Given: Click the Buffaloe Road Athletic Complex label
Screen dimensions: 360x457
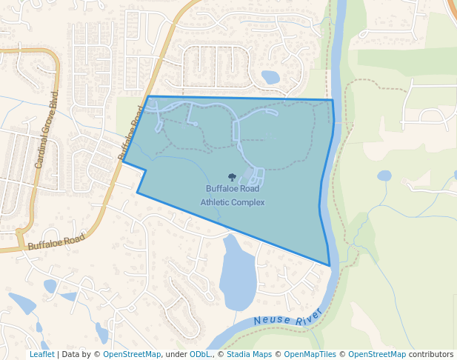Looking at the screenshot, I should (232, 195).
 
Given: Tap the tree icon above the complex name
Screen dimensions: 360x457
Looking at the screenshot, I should (232, 177).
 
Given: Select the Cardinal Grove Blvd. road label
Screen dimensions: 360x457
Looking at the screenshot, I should (47, 130).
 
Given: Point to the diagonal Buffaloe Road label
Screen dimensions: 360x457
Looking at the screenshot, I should (130, 132).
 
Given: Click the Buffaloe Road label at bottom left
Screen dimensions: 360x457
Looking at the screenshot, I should (56, 241).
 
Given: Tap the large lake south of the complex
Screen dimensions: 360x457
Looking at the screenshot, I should (237, 274).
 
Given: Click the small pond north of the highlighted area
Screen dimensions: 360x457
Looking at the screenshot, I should (270, 76).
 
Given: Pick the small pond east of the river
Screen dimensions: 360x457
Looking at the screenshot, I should (384, 176).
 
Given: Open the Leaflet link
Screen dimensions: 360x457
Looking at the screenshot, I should (41, 354).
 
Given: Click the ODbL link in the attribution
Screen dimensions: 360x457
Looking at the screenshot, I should (200, 354).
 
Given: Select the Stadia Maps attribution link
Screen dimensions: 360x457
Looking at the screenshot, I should (249, 354).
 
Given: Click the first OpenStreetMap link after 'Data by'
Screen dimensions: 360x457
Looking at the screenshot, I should (132, 354).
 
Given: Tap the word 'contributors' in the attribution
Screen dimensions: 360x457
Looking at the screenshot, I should (431, 354).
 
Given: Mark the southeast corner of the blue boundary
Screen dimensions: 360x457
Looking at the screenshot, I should (330, 265).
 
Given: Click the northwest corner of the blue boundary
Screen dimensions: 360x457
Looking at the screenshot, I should (148, 96).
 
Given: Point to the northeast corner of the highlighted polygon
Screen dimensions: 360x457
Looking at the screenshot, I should (333, 100).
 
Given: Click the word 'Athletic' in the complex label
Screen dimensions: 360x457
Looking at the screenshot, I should (215, 201).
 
